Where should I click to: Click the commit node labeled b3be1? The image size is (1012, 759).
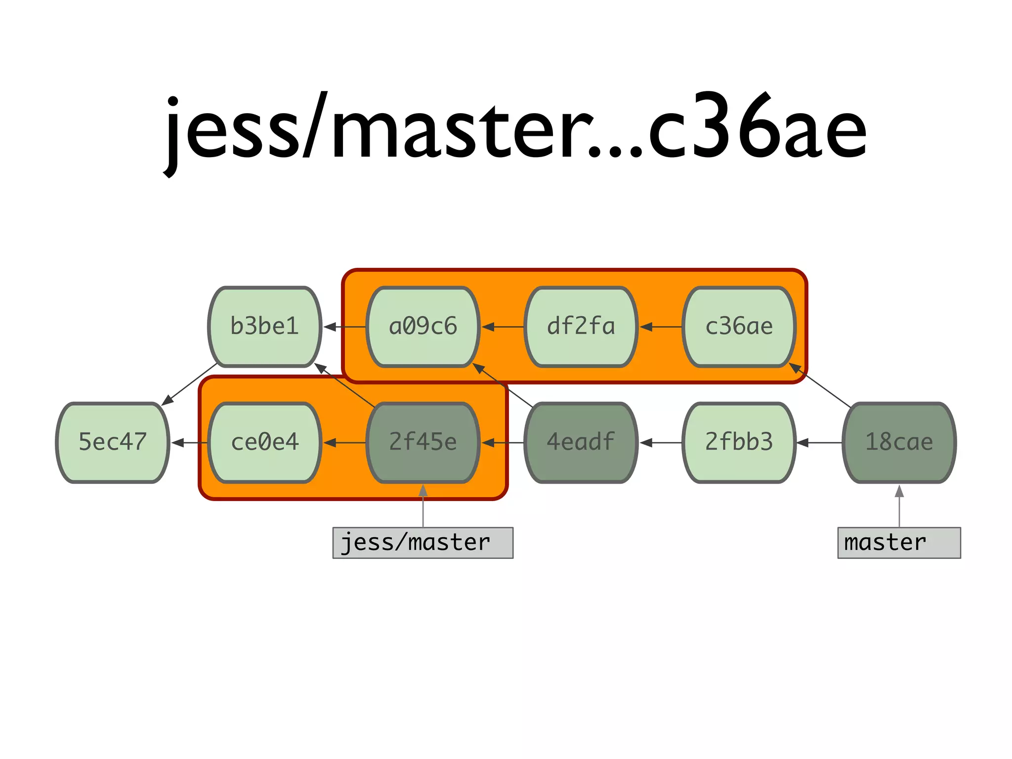(265, 327)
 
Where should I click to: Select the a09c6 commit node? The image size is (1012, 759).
(423, 327)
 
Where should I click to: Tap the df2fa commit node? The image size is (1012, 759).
(581, 327)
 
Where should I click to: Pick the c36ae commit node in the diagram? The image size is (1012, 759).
(739, 327)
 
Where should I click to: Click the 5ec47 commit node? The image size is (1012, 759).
(113, 442)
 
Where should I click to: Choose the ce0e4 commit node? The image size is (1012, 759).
(265, 442)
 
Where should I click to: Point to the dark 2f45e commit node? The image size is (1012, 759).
(423, 442)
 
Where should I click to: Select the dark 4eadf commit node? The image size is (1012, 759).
(581, 442)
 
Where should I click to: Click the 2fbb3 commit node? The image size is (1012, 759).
(739, 442)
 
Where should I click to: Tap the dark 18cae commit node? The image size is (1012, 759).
(899, 442)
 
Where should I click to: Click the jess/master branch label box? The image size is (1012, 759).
(423, 543)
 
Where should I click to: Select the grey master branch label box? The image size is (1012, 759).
(899, 543)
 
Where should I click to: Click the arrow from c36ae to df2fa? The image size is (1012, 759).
(660, 327)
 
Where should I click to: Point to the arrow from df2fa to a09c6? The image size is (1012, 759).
(502, 327)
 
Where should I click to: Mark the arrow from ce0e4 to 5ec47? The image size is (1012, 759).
(189, 442)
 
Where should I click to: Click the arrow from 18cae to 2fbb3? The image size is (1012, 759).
(819, 442)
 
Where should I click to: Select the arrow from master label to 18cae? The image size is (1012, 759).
(899, 506)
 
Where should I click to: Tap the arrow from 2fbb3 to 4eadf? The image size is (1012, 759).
(660, 442)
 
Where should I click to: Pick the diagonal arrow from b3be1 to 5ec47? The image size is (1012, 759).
(190, 384)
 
